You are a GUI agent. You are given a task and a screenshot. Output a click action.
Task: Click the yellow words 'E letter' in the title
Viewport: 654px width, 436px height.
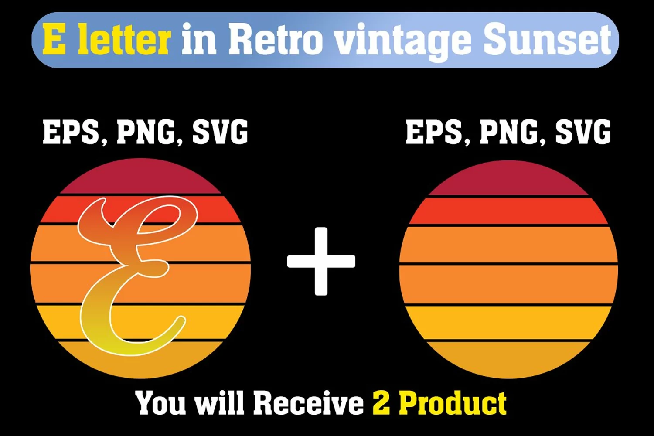106,39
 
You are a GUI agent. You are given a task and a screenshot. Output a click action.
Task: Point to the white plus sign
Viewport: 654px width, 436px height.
321,261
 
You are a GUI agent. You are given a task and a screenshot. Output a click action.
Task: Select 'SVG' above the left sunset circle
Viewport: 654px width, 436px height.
220,132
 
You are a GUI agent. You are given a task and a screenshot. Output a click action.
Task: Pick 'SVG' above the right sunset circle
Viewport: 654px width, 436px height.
583,132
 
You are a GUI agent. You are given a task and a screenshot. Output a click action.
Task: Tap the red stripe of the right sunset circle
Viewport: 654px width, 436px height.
508,211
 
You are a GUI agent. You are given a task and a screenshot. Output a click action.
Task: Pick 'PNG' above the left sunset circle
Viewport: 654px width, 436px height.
148,132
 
